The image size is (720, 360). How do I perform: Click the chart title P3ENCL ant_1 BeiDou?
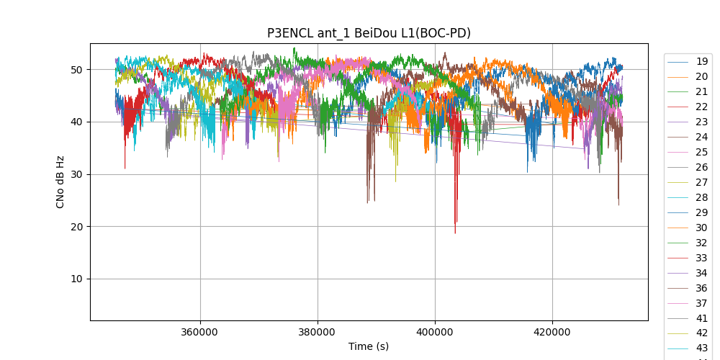tap(369, 33)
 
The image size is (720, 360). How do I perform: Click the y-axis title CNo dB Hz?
tap(60, 181)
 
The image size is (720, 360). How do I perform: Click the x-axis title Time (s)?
tap(369, 346)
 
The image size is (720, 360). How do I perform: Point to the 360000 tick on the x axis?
tap(200, 333)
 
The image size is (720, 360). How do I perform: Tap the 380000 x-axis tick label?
tap(318, 333)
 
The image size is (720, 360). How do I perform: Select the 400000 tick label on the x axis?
tap(435, 333)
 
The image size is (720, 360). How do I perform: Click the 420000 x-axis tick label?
tap(552, 333)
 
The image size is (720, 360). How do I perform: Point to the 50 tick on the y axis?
tap(76, 70)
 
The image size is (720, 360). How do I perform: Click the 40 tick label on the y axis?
tap(76, 122)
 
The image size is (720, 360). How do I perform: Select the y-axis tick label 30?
tap(76, 174)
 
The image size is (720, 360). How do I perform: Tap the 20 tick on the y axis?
tap(76, 227)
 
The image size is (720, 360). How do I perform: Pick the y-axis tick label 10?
tap(76, 279)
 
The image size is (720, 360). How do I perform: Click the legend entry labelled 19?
tap(701, 61)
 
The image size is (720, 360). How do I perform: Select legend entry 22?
tap(701, 107)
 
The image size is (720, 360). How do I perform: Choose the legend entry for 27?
tap(701, 182)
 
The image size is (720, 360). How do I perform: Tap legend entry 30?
tap(701, 228)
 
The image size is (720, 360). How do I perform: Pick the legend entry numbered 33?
tap(701, 258)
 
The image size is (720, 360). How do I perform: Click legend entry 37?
tap(701, 303)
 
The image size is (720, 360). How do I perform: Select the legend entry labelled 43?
tap(701, 348)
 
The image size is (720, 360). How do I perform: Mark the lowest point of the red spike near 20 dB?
tap(455, 233)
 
